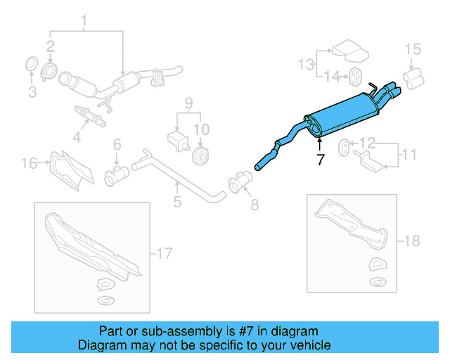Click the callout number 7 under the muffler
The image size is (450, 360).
click(321, 160)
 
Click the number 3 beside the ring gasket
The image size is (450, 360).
click(31, 92)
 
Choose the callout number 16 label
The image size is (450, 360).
click(29, 164)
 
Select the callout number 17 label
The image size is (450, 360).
click(164, 253)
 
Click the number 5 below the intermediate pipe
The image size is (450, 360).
click(177, 202)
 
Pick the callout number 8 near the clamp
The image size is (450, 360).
click(254, 205)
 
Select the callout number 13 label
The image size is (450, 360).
click(306, 65)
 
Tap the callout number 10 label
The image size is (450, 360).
click(201, 129)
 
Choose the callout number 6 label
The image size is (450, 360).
click(117, 144)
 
